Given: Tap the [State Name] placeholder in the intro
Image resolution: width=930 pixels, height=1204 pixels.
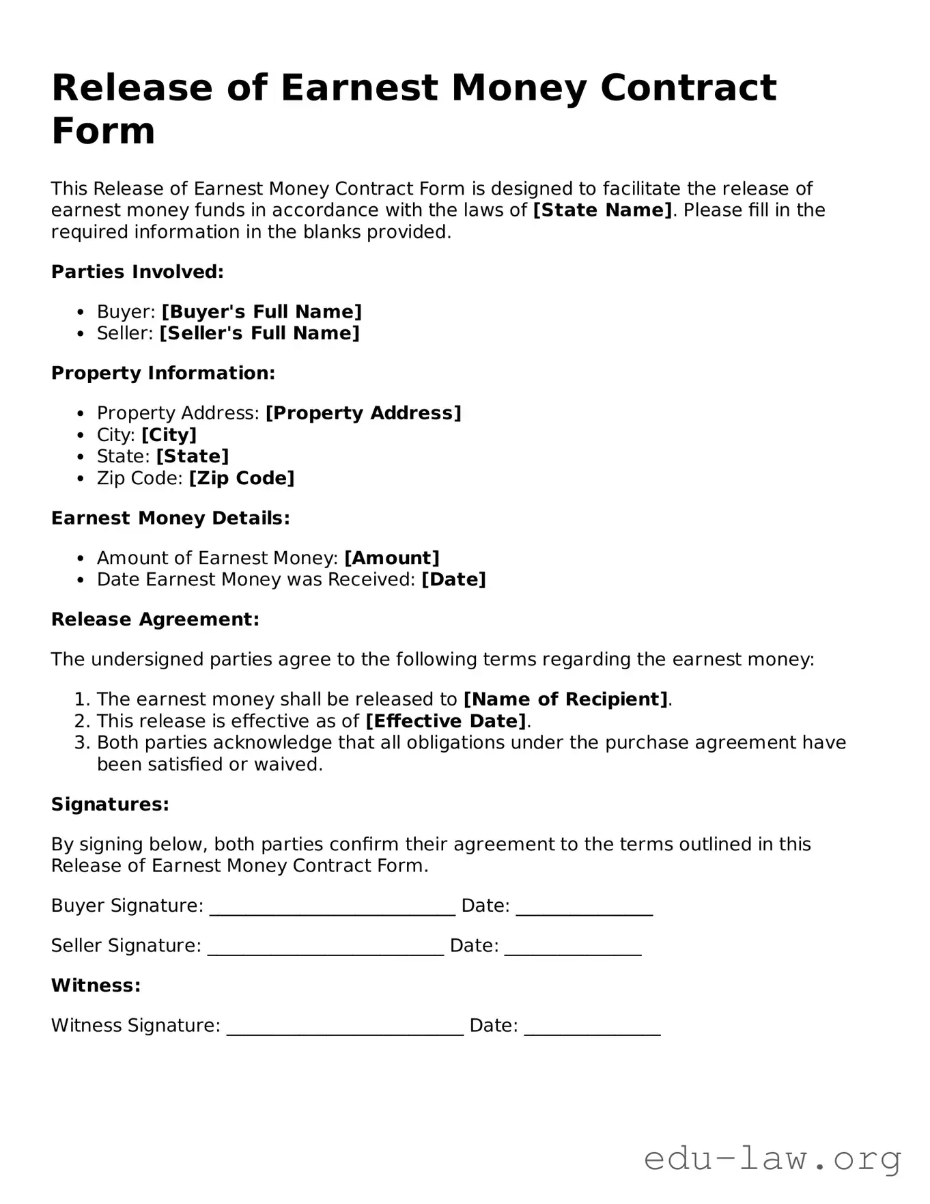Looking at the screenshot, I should pyautogui.click(x=603, y=210).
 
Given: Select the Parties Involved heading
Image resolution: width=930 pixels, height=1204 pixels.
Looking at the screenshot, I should pyautogui.click(x=137, y=272).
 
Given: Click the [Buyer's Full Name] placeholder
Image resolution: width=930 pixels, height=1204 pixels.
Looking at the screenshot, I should pyautogui.click(x=262, y=311).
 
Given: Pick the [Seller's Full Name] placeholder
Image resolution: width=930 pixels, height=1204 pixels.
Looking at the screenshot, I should pyautogui.click(x=259, y=333).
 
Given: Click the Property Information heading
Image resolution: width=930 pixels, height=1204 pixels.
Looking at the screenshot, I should pyautogui.click(x=163, y=373).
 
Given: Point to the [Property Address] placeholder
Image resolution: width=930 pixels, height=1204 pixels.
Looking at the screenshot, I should pyautogui.click(x=363, y=413).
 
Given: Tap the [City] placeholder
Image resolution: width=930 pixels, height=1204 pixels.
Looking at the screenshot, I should pyautogui.click(x=169, y=435).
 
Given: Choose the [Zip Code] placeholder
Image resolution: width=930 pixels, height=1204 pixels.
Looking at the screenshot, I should pyautogui.click(x=242, y=478).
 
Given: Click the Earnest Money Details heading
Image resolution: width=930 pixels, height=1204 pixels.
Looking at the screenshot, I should pyautogui.click(x=170, y=518).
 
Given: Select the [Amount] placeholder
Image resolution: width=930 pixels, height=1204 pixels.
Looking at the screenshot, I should pyautogui.click(x=392, y=558).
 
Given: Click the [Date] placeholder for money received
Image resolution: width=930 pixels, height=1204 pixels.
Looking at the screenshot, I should pyautogui.click(x=453, y=580).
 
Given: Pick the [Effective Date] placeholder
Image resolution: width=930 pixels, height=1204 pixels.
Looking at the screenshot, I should pyautogui.click(x=447, y=721).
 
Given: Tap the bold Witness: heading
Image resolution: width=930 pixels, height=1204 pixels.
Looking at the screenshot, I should pyautogui.click(x=96, y=985).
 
